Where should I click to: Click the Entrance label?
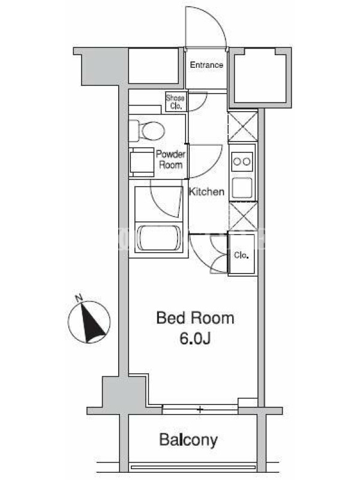pos(206,65)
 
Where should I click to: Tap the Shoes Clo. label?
pos(175,102)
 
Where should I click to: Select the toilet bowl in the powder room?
pos(153,131)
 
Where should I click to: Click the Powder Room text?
pos(171,160)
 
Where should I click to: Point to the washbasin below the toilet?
pos(142,162)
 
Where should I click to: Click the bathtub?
pos(158,239)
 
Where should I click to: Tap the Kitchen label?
pos(206,191)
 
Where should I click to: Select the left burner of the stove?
pos(237,161)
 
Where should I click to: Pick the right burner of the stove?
pos(247,161)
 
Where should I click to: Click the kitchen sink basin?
pos(242,188)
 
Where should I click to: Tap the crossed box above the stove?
pos(243,127)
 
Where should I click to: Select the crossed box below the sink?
pos(243,216)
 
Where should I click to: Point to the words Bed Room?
pos(196,318)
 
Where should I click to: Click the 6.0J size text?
pos(195,338)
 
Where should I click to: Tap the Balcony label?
pos(188,440)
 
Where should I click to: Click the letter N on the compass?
pos(79,297)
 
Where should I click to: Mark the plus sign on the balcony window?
pos(200,409)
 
